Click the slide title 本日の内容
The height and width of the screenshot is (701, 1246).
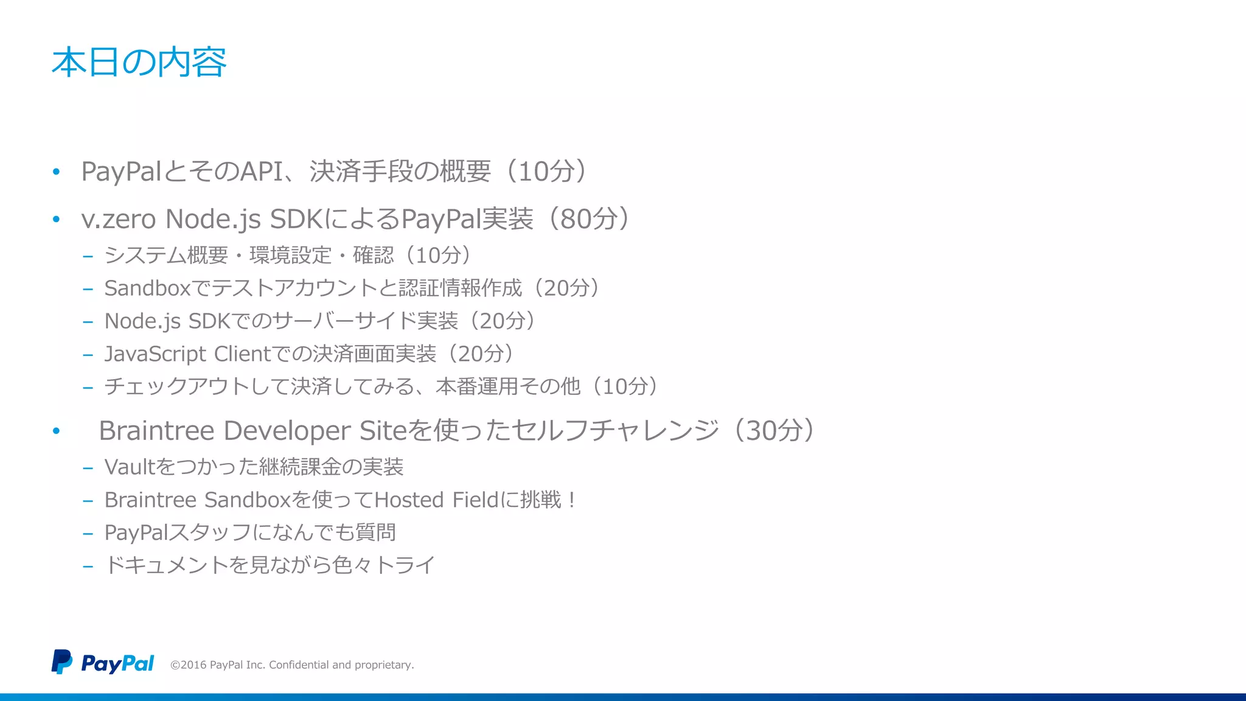[139, 62]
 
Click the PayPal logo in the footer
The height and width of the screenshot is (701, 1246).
[102, 663]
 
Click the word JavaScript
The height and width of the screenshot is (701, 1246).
[155, 354]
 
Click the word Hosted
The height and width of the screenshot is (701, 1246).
[409, 500]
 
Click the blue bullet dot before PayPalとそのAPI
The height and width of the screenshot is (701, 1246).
[56, 172]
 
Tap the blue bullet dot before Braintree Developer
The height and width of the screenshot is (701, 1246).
[56, 431]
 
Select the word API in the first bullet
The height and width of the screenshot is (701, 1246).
[262, 172]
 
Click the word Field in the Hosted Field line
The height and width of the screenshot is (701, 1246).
[475, 500]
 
